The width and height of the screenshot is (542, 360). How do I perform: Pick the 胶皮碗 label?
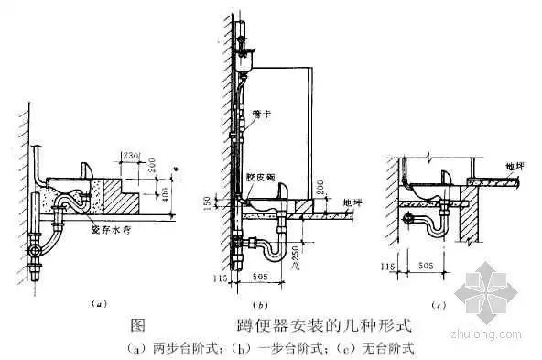pyautogui.click(x=260, y=180)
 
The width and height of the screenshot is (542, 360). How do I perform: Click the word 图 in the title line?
pyautogui.click(x=138, y=325)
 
